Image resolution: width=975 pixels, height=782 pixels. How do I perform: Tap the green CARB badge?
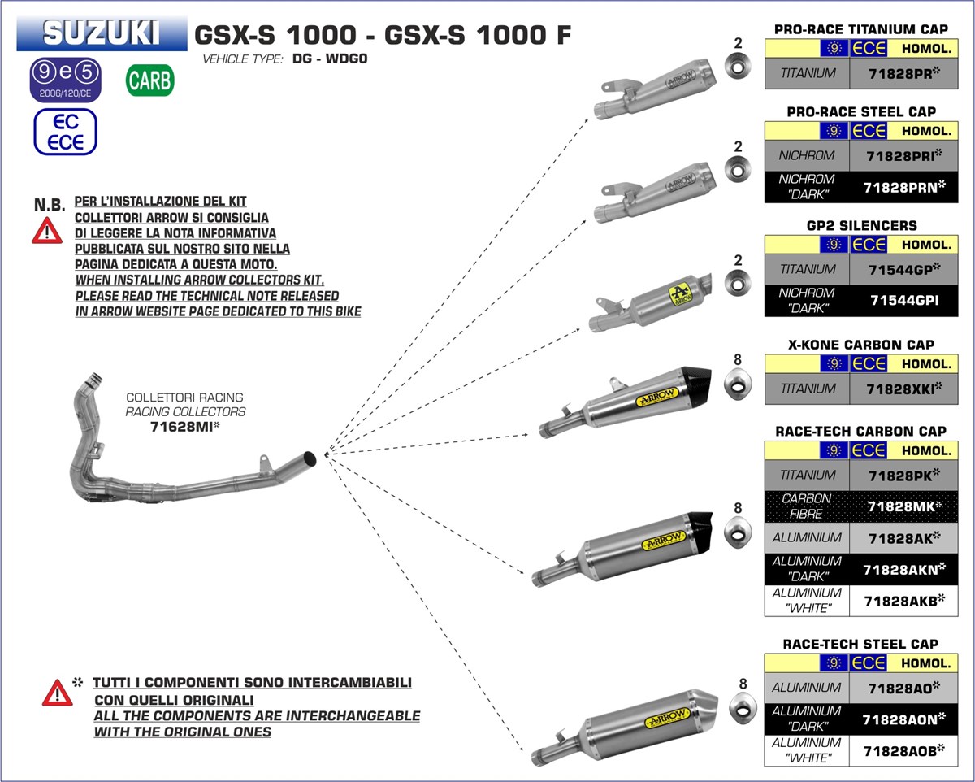[x=149, y=80]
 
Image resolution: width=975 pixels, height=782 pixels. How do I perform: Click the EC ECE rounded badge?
[x=65, y=132]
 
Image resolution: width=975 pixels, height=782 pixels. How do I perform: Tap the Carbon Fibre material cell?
[x=806, y=506]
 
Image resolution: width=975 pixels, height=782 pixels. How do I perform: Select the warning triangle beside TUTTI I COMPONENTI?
[x=57, y=693]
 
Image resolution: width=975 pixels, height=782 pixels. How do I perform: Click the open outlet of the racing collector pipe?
[x=310, y=457]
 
